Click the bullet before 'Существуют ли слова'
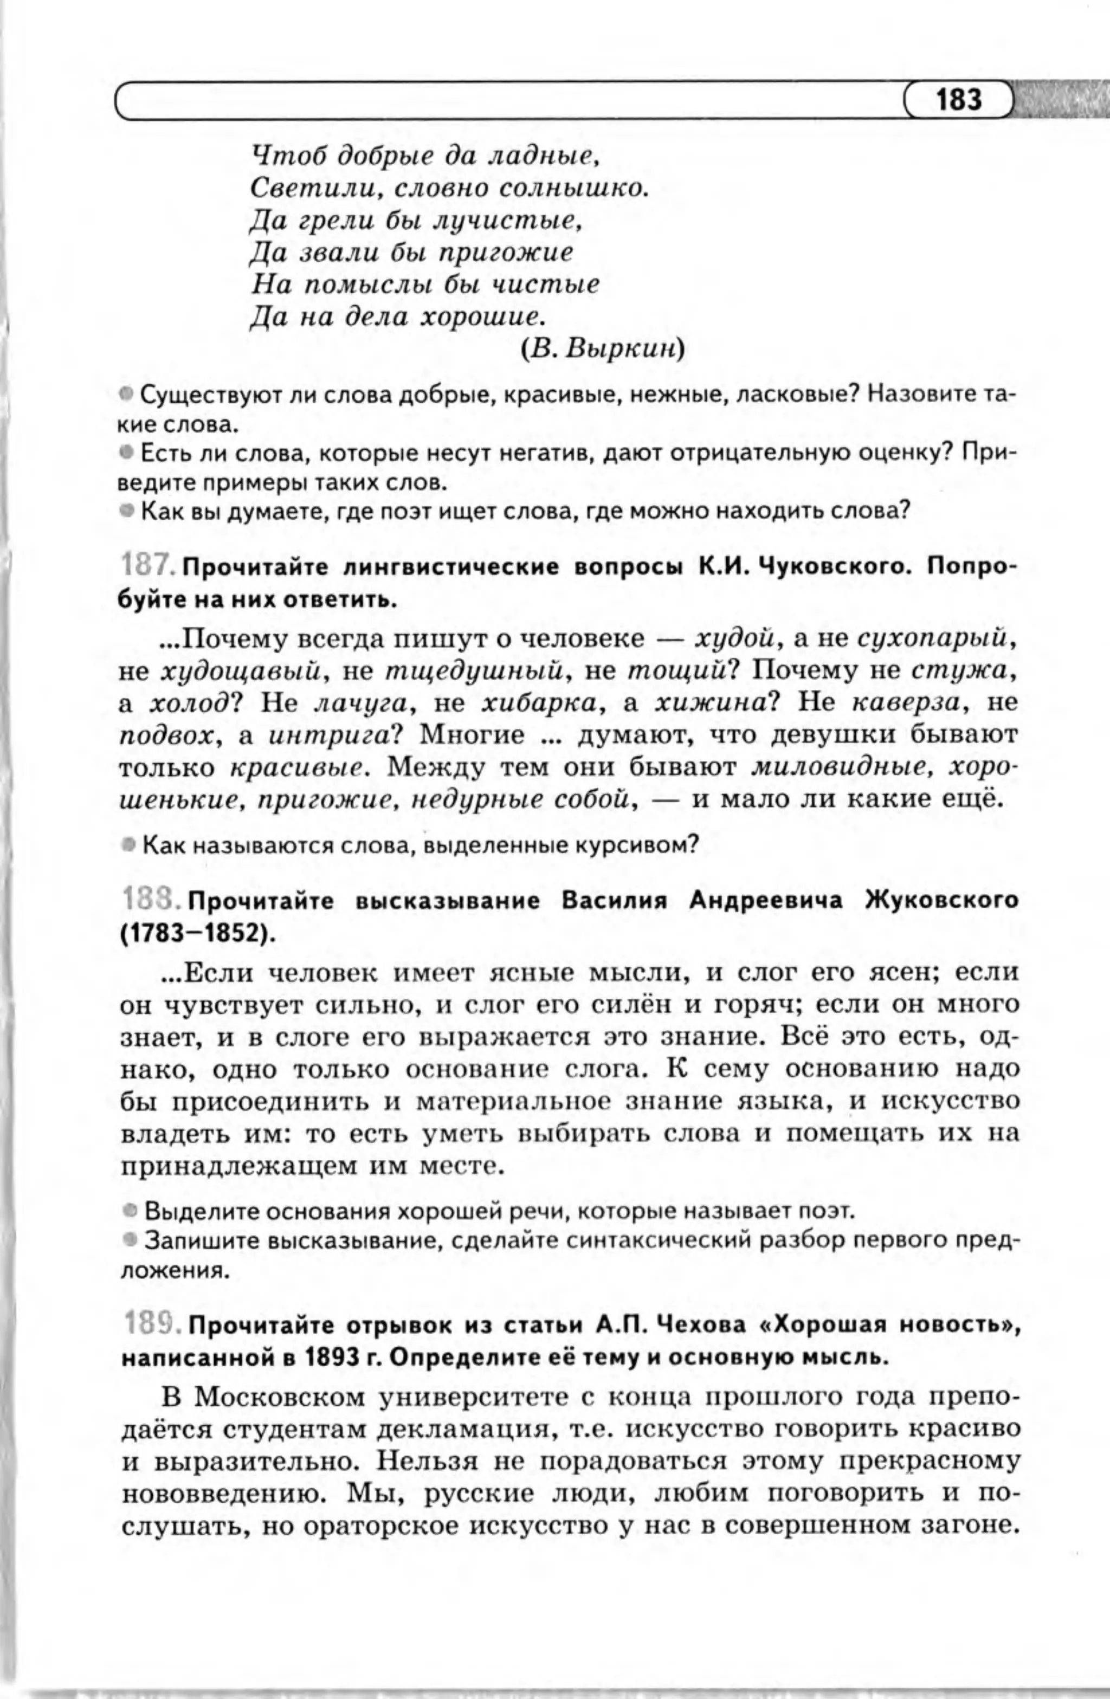click(x=126, y=393)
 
